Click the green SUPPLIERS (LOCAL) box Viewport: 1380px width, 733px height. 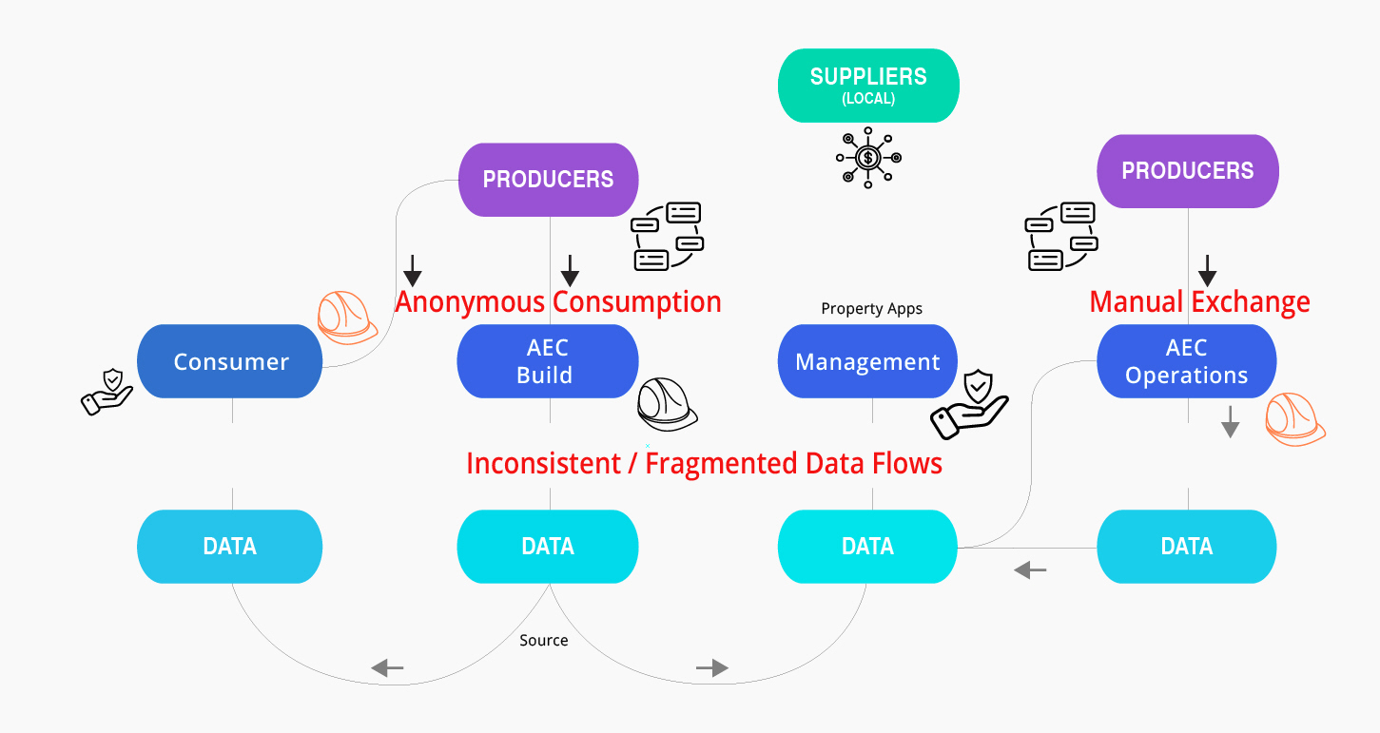868,86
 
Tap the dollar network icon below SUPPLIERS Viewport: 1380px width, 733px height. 867,158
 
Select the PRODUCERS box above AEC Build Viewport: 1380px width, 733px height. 548,179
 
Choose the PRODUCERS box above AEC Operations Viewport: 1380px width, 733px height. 1187,171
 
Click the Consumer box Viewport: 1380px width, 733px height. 230,361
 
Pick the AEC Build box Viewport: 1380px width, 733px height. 547,361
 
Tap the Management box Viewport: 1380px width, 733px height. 867,361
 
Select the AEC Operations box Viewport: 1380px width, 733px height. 1186,361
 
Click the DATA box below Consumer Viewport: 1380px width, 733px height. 229,546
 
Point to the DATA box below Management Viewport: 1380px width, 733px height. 867,546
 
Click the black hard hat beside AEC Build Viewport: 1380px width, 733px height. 666,406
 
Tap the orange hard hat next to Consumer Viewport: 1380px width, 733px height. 346,317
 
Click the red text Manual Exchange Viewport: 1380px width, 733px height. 1199,302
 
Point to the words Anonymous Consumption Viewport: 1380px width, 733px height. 558,302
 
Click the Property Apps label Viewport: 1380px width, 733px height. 871,309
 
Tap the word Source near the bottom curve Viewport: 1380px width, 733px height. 544,640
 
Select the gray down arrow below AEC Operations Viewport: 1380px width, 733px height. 1231,421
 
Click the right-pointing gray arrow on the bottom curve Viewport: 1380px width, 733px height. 712,668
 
